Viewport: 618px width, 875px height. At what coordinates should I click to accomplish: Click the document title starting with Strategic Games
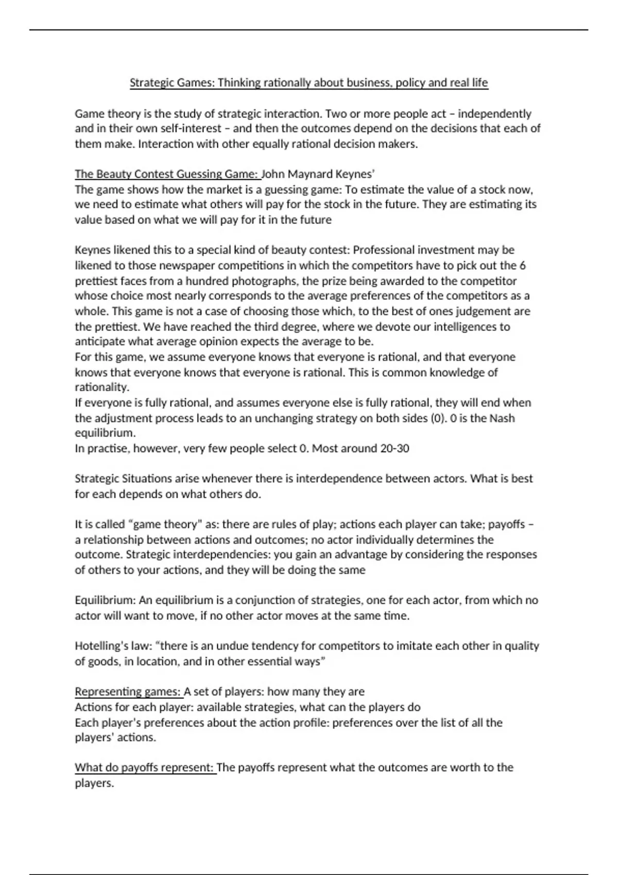[308, 83]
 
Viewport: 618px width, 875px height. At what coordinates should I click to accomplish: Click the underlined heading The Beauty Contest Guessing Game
[166, 174]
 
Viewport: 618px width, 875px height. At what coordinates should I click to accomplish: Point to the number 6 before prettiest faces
[522, 266]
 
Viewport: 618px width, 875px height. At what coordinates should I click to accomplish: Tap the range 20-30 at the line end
[394, 448]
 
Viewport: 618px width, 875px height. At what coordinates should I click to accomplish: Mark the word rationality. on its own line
[101, 387]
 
